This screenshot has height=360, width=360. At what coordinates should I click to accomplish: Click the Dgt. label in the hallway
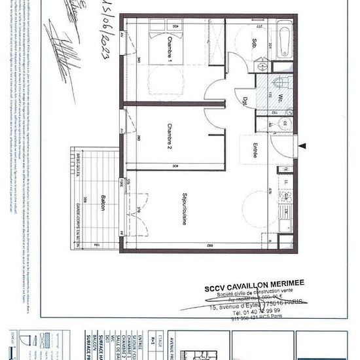click(244, 101)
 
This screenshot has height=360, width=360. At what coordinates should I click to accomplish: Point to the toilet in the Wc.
click(280, 81)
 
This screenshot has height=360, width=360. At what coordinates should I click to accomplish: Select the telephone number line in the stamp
click(241, 312)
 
